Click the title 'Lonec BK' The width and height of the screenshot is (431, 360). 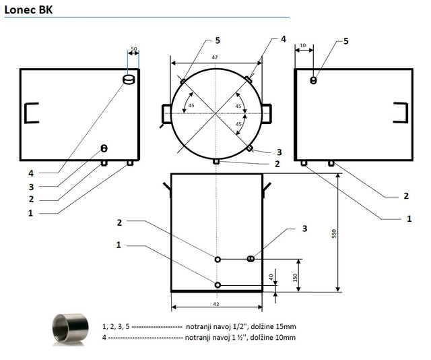(x=28, y=10)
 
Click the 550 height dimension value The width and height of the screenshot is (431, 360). (x=334, y=234)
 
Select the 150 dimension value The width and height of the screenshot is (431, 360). (x=295, y=278)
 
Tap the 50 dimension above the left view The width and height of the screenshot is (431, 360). (x=134, y=49)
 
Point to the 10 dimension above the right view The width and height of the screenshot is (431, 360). (x=303, y=45)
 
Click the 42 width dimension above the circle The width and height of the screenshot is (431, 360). (x=215, y=57)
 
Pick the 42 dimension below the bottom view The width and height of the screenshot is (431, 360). (x=216, y=304)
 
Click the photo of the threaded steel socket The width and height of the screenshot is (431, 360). (x=71, y=329)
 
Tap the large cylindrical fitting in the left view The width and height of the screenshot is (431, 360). (x=129, y=80)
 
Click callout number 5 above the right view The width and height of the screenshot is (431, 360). (x=345, y=41)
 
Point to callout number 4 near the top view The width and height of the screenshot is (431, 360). (x=284, y=39)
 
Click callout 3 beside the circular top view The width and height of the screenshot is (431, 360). (x=279, y=152)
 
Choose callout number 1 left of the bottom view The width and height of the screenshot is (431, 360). (x=119, y=245)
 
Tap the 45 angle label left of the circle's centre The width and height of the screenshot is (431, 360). (x=191, y=105)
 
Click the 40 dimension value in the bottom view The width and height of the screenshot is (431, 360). (x=271, y=277)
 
